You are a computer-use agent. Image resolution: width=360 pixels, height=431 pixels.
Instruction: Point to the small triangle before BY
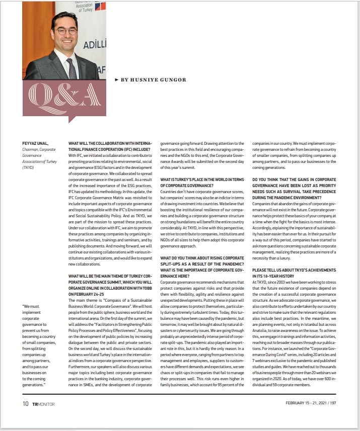[x=117, y=79]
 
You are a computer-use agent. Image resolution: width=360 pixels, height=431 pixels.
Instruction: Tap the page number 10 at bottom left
[x=25, y=404]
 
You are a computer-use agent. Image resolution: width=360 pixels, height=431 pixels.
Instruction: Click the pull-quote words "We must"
[x=31, y=306]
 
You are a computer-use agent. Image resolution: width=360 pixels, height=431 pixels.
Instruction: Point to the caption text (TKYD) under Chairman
[x=28, y=167]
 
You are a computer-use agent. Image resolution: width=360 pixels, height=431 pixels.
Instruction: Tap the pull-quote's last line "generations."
[x=35, y=385]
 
